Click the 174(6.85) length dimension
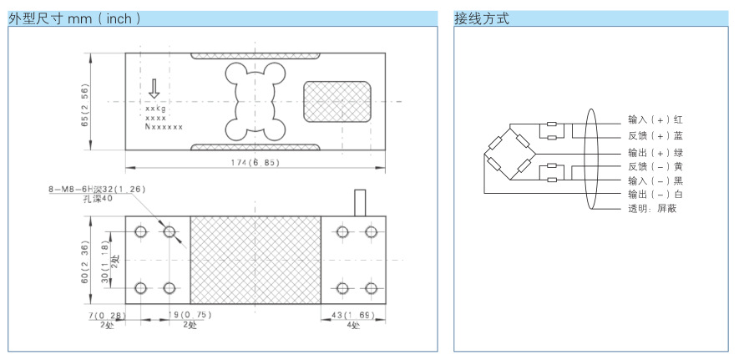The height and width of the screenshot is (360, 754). point(255,163)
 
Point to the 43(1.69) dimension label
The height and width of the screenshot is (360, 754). point(352,315)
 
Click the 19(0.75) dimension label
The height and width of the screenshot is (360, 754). point(190,315)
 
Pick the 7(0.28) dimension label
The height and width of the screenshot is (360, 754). point(107,315)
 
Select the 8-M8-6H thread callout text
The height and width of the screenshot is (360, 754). point(97,189)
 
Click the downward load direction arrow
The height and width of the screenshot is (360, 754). point(154,89)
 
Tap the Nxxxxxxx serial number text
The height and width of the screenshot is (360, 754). point(164,127)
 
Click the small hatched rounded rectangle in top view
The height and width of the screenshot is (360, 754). point(337,102)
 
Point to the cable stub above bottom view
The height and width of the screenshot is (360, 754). point(360,203)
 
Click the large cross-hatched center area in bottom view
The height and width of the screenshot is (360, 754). point(256,260)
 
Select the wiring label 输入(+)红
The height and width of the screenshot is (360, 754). point(655,119)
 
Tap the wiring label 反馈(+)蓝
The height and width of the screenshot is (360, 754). point(655,135)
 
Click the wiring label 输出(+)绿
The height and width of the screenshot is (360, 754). point(655,153)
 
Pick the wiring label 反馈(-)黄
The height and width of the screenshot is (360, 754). point(655,166)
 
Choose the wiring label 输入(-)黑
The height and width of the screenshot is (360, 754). point(655,181)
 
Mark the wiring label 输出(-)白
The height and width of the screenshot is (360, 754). point(655,195)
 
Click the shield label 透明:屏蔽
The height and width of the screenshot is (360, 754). point(652,209)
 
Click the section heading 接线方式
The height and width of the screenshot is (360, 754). point(482,18)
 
